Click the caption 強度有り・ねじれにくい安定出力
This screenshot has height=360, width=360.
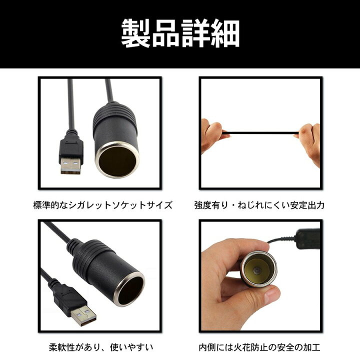(259, 205)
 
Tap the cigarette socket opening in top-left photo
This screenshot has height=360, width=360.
(116, 159)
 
